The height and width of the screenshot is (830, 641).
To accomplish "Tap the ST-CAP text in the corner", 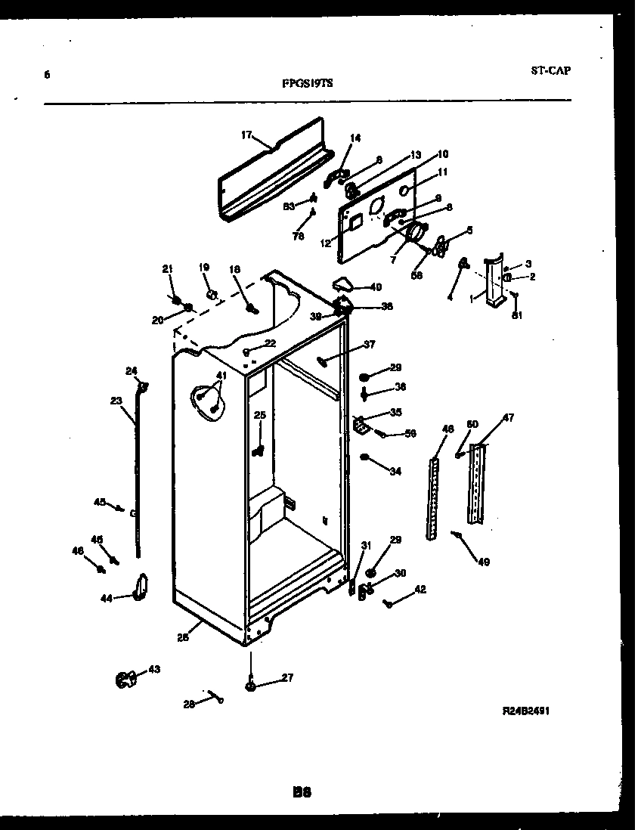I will click(550, 71).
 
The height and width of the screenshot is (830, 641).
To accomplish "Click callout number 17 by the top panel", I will click(246, 135).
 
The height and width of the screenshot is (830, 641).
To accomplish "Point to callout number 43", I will click(153, 669).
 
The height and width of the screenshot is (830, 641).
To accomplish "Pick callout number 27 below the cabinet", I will click(287, 677).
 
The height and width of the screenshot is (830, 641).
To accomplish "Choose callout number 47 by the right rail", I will click(508, 417).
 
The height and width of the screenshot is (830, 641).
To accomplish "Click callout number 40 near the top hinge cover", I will click(376, 286).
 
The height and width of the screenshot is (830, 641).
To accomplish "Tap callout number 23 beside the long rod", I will click(116, 401).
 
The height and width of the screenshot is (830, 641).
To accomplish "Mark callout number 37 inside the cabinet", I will click(369, 345).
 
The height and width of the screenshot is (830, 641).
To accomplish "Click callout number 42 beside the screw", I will click(420, 590).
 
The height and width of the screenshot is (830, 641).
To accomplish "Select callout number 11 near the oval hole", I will click(443, 172).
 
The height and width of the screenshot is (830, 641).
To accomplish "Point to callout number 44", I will click(106, 599).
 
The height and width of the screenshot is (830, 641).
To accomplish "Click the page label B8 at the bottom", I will click(302, 793).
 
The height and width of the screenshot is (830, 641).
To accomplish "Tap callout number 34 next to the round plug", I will click(395, 472).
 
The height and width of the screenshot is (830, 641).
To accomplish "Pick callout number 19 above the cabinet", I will click(204, 267).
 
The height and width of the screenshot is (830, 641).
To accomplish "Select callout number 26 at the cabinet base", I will click(182, 637).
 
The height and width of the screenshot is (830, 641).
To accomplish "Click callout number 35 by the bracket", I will click(395, 412).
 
